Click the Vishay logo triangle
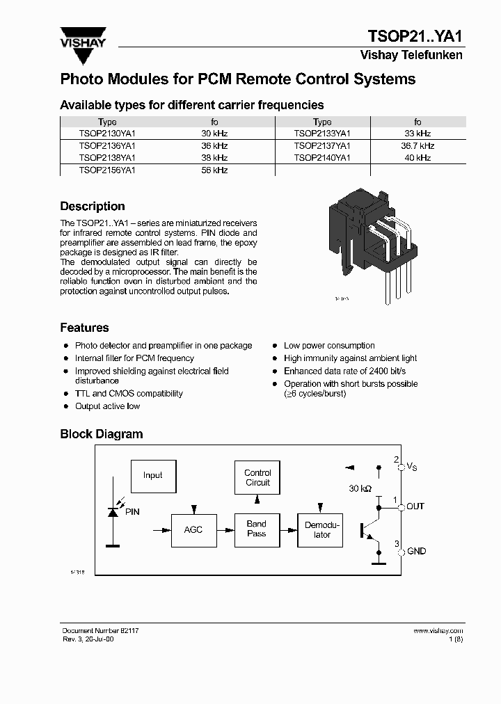point(83,35)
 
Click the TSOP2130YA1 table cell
point(107,133)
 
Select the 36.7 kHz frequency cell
point(417,145)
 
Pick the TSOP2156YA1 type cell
point(107,170)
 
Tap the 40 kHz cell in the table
point(417,158)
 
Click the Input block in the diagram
point(153,476)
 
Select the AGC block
point(193,530)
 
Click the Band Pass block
point(257,529)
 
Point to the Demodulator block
point(321,530)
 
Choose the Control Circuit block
point(257,478)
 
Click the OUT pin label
point(415,506)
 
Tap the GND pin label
point(416,552)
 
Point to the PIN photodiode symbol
point(112,511)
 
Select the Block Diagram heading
point(102,434)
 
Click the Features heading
point(84,328)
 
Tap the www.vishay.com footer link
point(438,630)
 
